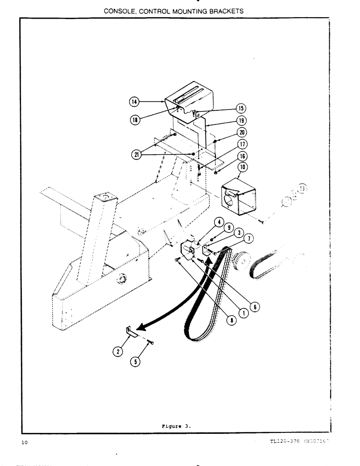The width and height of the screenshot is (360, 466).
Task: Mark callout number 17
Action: [242, 144]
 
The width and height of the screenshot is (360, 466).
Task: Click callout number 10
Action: [242, 167]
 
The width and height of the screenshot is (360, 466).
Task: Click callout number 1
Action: [243, 313]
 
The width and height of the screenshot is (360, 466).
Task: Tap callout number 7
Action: [249, 239]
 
